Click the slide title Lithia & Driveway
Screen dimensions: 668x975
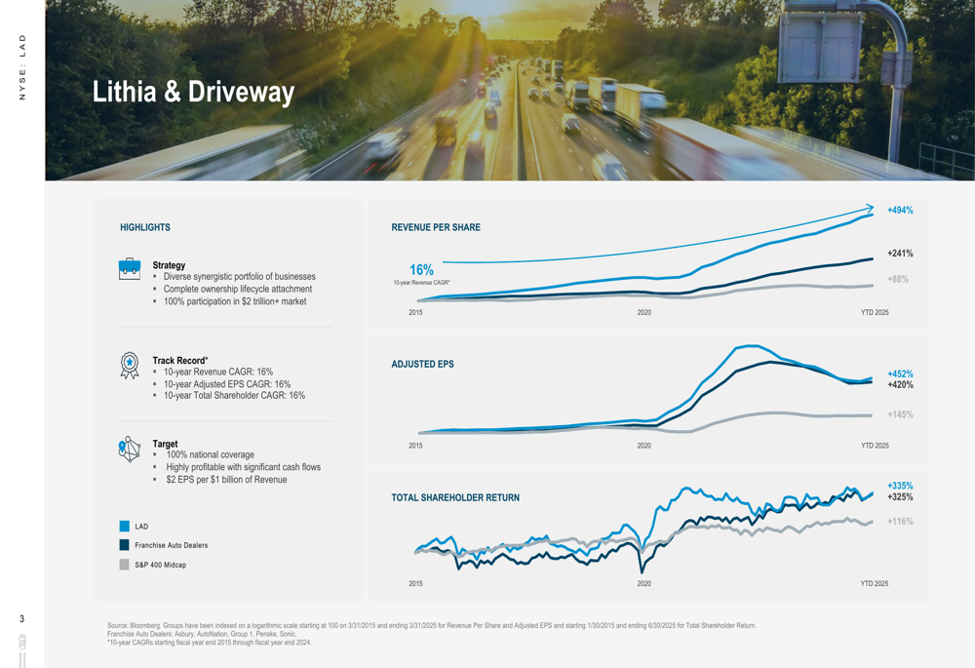[193, 92]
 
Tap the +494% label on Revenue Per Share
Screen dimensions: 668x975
[899, 210]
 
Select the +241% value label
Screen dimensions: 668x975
[899, 254]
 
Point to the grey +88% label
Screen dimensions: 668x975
[897, 279]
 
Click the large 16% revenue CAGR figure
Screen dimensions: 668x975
[421, 269]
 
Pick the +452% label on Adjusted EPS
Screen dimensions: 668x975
[899, 373]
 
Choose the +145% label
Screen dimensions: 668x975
[899, 414]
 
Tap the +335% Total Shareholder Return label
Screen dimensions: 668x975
[899, 486]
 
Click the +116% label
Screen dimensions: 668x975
[899, 522]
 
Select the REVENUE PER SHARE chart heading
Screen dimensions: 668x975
[436, 227]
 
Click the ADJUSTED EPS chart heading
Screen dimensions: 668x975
[422, 364]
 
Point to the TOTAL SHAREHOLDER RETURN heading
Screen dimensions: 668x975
[455, 497]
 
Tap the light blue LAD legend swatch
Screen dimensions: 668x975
[125, 527]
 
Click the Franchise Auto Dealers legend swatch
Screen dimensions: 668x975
[125, 545]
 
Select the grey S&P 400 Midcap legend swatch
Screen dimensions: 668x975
[125, 565]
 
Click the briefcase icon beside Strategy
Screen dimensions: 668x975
[130, 269]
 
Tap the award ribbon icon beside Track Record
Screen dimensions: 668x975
[130, 366]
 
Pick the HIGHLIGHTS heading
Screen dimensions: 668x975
[145, 227]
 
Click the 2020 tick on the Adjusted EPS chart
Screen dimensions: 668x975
[643, 446]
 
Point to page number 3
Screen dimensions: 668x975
[22, 618]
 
